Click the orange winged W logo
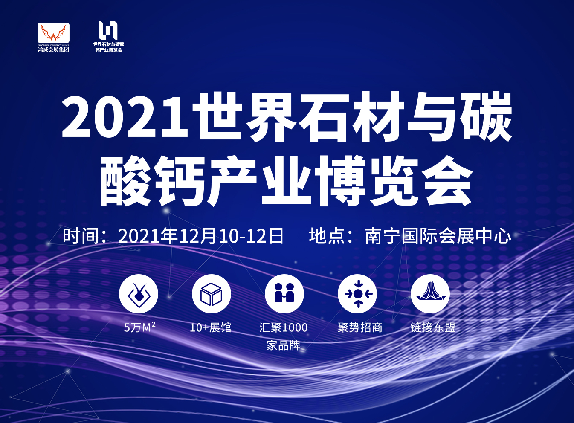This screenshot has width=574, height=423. tap(53, 33)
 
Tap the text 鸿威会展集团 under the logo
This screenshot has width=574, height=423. tap(54, 49)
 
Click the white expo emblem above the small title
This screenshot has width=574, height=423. tap(108, 30)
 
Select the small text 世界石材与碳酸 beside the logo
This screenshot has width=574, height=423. tap(109, 44)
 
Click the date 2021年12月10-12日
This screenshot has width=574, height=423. tap(200, 236)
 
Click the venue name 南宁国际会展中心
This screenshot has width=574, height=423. tap(438, 236)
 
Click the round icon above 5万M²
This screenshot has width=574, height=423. tap(139, 294)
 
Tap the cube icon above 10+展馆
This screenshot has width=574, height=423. tap(212, 294)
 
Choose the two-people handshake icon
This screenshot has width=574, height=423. tap(284, 294)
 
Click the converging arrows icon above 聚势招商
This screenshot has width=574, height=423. tap(357, 294)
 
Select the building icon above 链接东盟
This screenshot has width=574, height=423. tap(430, 294)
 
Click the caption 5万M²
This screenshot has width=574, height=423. tap(139, 327)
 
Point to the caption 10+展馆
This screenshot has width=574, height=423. tap(211, 327)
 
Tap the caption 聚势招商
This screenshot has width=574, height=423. tap(360, 327)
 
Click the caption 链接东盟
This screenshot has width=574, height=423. tap(433, 327)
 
